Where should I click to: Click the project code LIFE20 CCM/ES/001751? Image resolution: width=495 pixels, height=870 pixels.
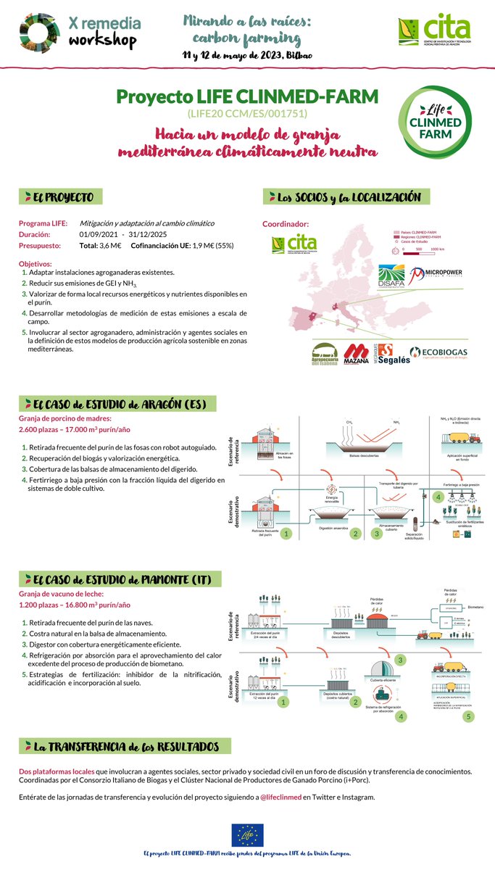point(247,114)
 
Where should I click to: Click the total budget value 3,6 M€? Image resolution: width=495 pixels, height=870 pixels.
point(109,246)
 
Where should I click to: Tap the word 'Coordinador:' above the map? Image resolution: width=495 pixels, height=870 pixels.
point(286,224)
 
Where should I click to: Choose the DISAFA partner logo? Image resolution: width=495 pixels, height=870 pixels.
point(391,278)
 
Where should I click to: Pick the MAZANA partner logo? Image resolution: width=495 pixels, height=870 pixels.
point(356,353)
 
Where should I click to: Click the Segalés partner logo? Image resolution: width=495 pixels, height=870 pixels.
point(394,353)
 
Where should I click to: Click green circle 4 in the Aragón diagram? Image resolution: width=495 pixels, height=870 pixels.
point(437,497)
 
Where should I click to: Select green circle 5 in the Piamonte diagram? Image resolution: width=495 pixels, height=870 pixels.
point(468,716)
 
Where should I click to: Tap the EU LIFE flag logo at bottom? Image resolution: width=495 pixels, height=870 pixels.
point(247,835)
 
